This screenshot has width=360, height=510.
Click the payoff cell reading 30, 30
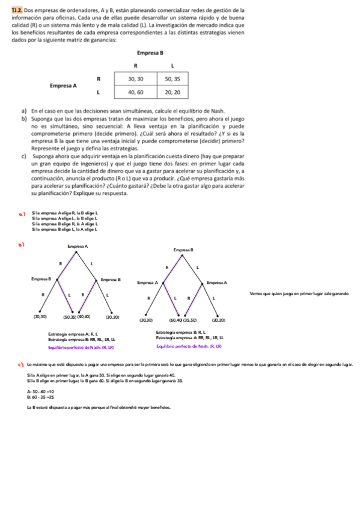coord(135,79)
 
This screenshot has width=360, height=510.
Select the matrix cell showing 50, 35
coord(172,79)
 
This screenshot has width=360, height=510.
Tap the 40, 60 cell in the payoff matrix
coord(135,93)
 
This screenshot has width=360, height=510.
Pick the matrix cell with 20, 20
coord(172,93)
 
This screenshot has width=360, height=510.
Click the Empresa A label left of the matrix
coord(63,85)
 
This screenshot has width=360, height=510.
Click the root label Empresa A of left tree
coord(78,247)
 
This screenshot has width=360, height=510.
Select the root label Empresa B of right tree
coord(183,248)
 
